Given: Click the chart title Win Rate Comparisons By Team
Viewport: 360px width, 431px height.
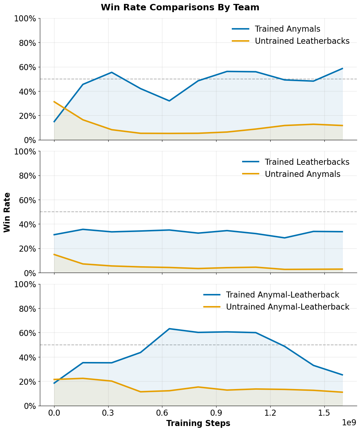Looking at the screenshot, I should click(180, 7).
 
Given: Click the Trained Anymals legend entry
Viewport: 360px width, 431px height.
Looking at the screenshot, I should click(287, 29).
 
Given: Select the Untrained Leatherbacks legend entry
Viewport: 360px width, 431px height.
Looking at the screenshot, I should click(302, 41).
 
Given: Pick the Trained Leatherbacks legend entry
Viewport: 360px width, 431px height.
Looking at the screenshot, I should click(307, 162).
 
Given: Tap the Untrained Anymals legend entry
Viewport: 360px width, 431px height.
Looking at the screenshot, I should click(302, 174).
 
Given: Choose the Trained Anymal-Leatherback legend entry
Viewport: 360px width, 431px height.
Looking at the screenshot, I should click(282, 295).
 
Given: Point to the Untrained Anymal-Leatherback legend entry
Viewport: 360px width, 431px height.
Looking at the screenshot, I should click(287, 307).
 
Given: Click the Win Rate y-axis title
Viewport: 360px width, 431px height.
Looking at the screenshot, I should click(7, 212).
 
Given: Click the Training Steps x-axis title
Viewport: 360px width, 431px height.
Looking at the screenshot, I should click(198, 424).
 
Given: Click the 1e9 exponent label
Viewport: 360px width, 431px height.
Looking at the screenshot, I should click(349, 423).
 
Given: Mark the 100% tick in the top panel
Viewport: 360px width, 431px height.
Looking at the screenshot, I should click(25, 19).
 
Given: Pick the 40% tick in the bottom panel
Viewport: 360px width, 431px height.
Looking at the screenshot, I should click(27, 357).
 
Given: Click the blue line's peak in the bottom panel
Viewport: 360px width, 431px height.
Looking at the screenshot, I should click(169, 329).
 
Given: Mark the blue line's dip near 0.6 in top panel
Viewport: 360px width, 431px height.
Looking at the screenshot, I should click(169, 101).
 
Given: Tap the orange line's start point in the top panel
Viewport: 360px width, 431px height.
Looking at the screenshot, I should click(54, 102).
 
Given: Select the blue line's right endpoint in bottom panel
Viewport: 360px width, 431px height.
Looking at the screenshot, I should click(342, 375).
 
